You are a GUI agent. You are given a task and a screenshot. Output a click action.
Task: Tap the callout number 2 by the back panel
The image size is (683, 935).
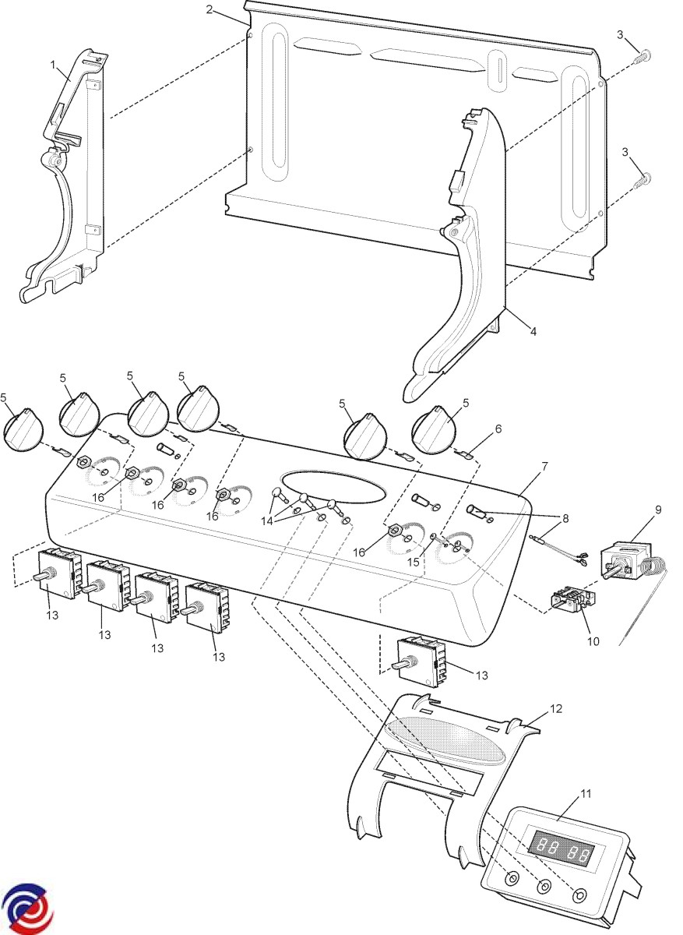[209, 9]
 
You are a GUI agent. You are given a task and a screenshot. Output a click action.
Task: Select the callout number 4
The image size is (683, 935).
[533, 331]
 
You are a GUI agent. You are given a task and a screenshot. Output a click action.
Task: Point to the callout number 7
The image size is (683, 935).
[544, 466]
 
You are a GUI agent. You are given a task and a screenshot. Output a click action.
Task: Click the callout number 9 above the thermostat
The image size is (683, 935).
[658, 510]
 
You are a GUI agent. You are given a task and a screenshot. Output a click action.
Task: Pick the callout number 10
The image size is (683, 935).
[593, 642]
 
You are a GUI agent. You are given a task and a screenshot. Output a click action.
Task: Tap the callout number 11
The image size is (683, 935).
[586, 793]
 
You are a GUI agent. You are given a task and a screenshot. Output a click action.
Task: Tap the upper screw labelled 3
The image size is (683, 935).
[646, 56]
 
